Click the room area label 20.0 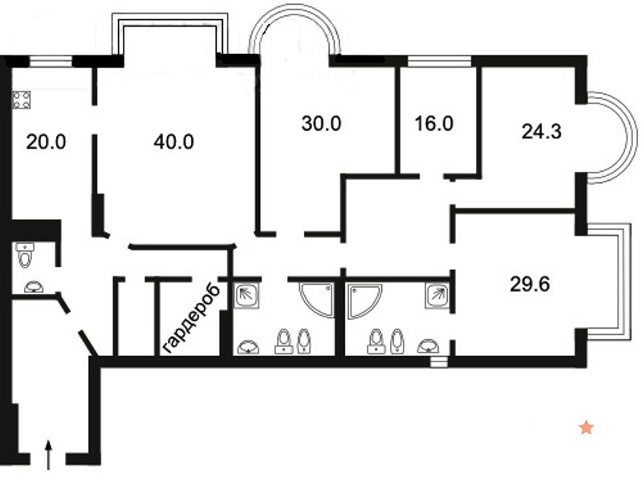tap(46, 142)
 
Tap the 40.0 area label tap(173, 142)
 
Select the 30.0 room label tap(322, 124)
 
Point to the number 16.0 tap(434, 124)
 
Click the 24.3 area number tap(541, 132)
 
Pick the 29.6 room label tap(530, 284)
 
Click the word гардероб tap(191, 317)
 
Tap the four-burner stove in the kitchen tap(22, 100)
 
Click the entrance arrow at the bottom tap(49, 455)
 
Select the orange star tap(587, 427)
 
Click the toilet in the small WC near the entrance tap(25, 255)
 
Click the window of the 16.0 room tap(439, 61)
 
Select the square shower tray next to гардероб tap(246, 296)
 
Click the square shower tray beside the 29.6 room tap(437, 296)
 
